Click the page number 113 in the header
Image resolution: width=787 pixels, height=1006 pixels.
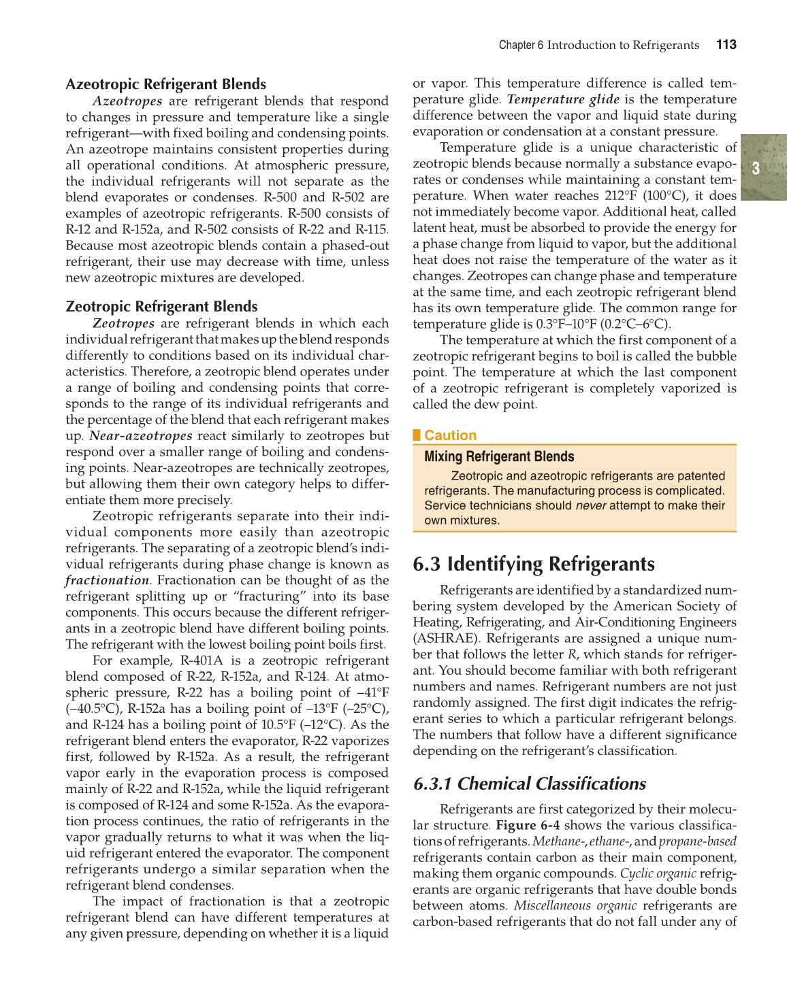tap(726, 45)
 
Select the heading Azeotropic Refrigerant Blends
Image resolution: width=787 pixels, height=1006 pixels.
tap(165, 84)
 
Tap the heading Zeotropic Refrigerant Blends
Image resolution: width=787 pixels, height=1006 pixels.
tap(161, 307)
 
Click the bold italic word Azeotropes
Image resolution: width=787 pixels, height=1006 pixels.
tap(127, 101)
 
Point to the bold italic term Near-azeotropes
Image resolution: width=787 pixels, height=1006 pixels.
tap(141, 436)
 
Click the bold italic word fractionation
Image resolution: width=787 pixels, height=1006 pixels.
tap(107, 581)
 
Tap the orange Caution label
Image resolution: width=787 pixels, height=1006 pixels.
tap(450, 435)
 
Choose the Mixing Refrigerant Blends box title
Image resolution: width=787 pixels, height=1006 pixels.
tap(499, 457)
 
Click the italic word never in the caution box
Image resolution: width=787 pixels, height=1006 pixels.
tap(590, 505)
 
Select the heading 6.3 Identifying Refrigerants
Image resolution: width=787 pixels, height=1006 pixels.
tap(534, 565)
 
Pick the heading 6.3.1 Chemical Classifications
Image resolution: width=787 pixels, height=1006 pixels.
tap(530, 784)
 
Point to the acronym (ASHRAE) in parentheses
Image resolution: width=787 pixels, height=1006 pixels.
tap(445, 639)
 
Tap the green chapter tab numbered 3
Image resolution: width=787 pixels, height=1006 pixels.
tap(756, 168)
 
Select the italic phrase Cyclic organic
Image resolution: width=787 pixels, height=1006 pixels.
tap(658, 874)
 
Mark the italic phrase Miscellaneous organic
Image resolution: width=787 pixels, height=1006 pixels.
tap(575, 906)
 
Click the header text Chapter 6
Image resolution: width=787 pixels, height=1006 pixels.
tap(521, 46)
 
